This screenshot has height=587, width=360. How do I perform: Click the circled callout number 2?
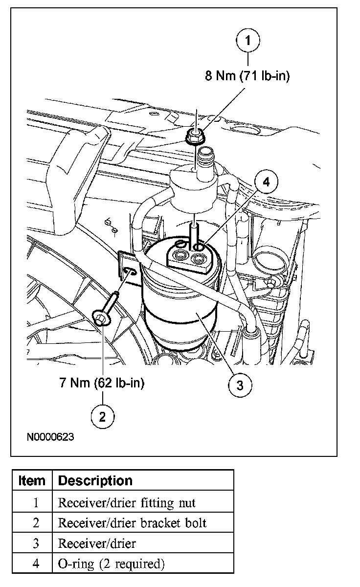(102, 416)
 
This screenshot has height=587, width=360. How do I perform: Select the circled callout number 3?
(240, 384)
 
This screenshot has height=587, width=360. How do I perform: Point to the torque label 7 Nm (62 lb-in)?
(102, 383)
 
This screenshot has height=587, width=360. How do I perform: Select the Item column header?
(32, 480)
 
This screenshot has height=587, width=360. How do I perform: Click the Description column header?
(95, 480)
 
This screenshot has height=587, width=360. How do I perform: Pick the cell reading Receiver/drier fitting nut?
(127, 502)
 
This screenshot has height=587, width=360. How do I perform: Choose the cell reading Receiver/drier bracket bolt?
(132, 523)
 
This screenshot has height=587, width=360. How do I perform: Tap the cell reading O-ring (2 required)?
(112, 564)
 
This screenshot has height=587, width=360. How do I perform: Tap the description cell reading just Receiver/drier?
(97, 543)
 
